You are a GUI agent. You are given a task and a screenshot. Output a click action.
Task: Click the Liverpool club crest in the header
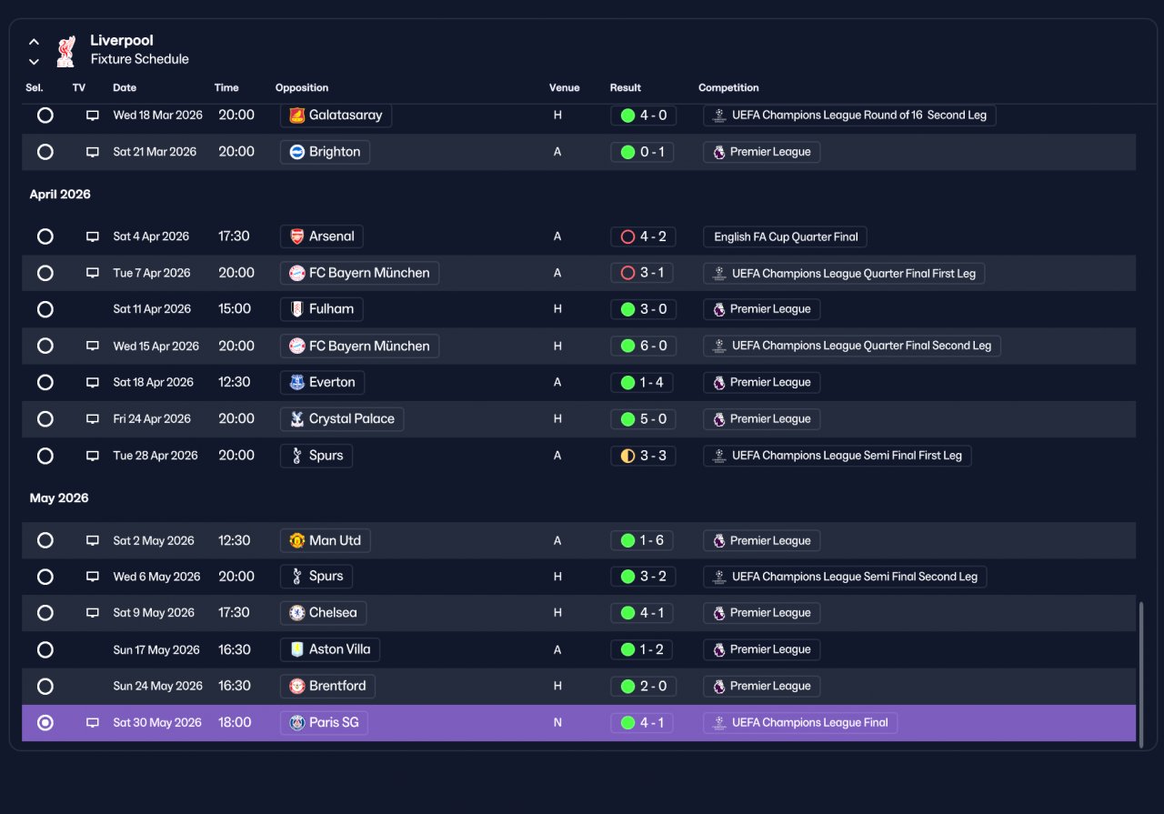[66, 51]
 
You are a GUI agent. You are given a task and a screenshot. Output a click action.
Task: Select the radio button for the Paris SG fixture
[45, 722]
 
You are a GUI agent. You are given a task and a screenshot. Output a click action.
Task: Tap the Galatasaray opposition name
[346, 115]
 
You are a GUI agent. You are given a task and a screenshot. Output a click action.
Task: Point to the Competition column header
[728, 87]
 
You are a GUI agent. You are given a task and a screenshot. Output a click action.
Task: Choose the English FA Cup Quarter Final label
[785, 237]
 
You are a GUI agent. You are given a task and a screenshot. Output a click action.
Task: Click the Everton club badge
[296, 383]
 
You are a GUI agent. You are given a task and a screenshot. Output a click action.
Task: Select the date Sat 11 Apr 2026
[152, 309]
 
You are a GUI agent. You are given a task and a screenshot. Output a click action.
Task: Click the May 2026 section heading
[59, 498]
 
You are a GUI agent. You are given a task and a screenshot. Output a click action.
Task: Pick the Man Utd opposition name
[335, 540]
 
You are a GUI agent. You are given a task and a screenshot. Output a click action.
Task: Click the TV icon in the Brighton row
[93, 152]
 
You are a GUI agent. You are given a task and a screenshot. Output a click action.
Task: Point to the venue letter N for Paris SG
[557, 722]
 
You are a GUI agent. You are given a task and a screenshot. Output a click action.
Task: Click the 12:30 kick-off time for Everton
[234, 383]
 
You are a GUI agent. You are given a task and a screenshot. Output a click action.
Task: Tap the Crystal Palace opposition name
[351, 419]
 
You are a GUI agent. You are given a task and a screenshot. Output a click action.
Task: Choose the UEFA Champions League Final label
[809, 722]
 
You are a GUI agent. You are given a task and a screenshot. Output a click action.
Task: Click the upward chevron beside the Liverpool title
[34, 42]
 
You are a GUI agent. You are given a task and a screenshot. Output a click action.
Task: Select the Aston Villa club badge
[296, 649]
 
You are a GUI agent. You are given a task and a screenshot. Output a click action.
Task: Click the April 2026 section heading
[60, 195]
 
